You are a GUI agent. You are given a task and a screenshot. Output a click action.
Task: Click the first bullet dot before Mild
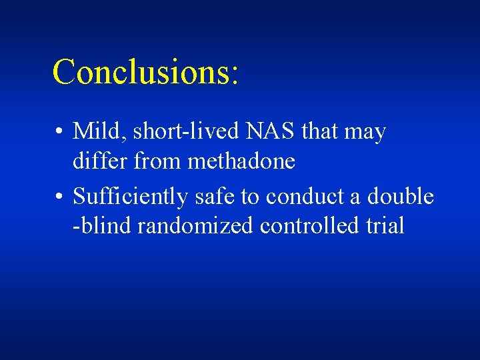tap(60, 133)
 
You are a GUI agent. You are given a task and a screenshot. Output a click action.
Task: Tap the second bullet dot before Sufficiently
tap(60, 197)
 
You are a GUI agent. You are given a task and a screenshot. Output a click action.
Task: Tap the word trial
tap(385, 226)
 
